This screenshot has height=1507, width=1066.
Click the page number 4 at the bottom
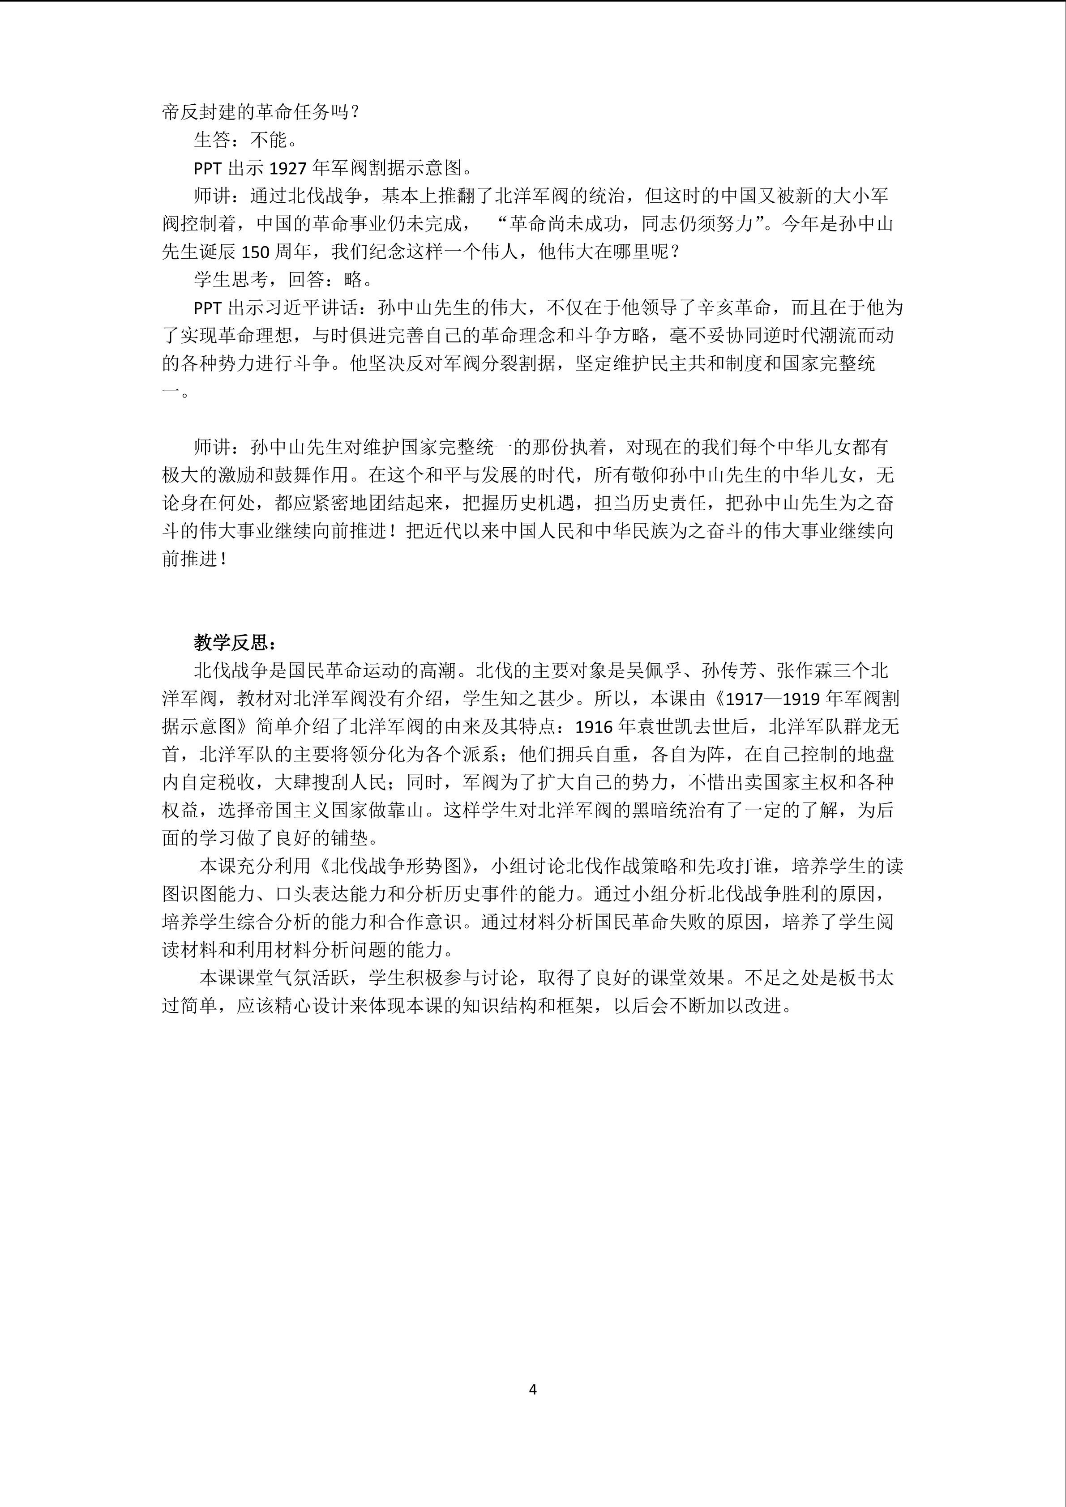(532, 1389)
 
